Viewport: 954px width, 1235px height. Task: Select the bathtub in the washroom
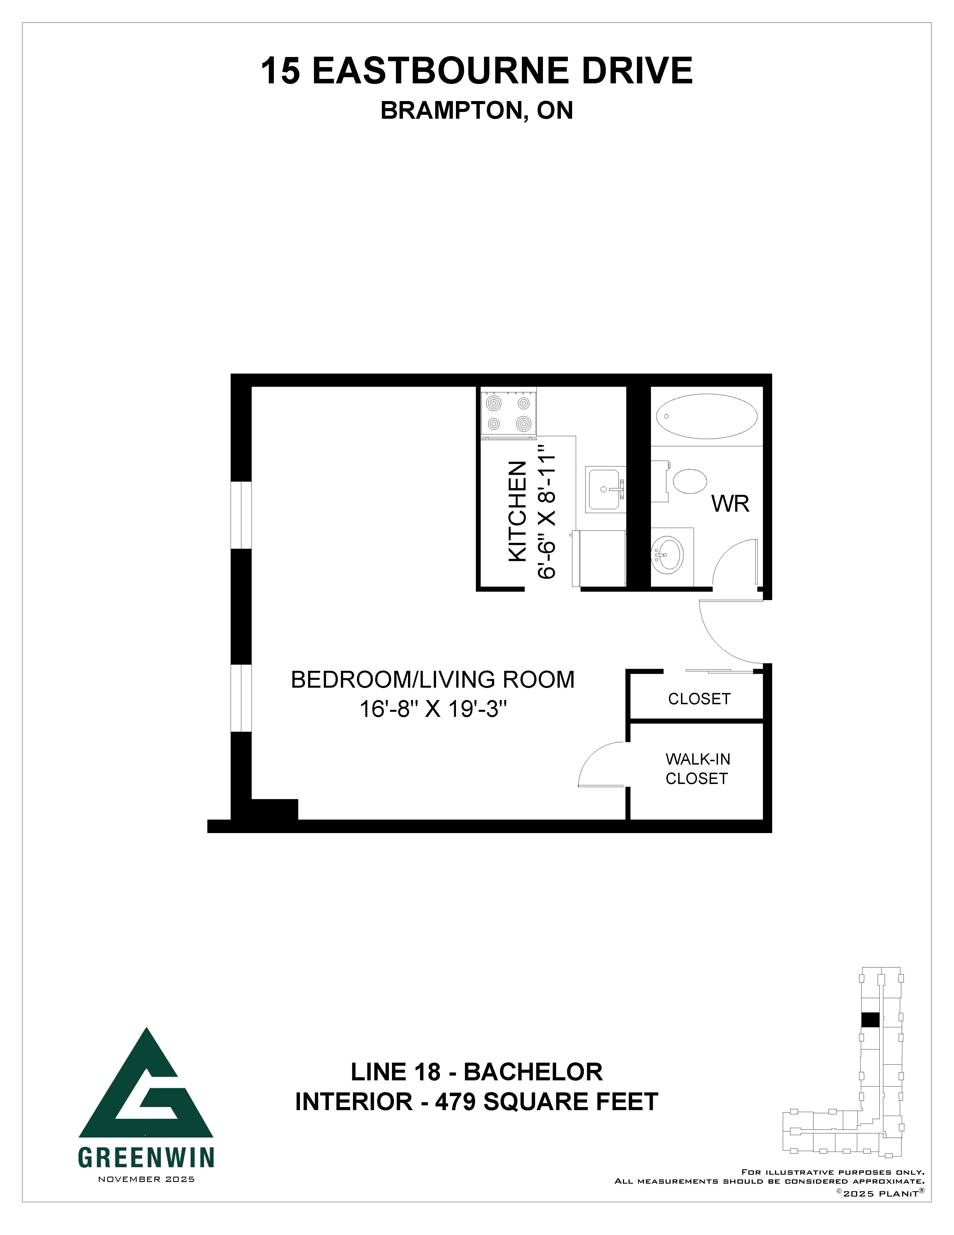pyautogui.click(x=707, y=416)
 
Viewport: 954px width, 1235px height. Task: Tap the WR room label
pyautogui.click(x=730, y=503)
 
